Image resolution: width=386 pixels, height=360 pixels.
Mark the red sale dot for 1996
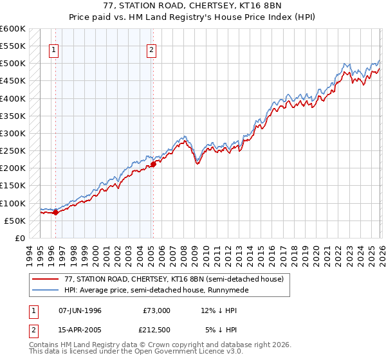(55, 213)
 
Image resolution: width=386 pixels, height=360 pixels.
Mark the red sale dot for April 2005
(153, 164)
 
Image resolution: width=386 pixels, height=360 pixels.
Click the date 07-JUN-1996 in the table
(80, 310)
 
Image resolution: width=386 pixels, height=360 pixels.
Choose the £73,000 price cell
(156, 310)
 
